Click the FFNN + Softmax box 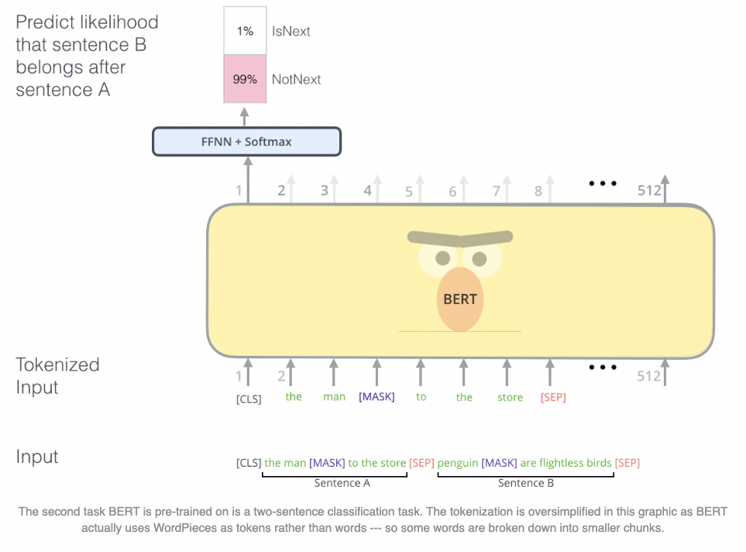[x=246, y=142]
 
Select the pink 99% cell [x=245, y=79]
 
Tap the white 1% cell [x=245, y=31]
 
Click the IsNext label [x=290, y=32]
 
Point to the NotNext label [x=296, y=79]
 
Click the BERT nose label [x=460, y=299]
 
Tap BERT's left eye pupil [x=442, y=258]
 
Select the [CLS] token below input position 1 [x=249, y=399]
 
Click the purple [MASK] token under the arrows [x=376, y=397]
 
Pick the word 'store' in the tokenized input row [x=510, y=398]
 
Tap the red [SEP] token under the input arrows [x=553, y=398]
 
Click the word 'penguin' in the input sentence [x=457, y=464]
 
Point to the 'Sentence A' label [x=342, y=483]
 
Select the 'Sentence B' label [x=525, y=483]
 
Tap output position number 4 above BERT [x=368, y=191]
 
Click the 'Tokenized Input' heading [x=57, y=376]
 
